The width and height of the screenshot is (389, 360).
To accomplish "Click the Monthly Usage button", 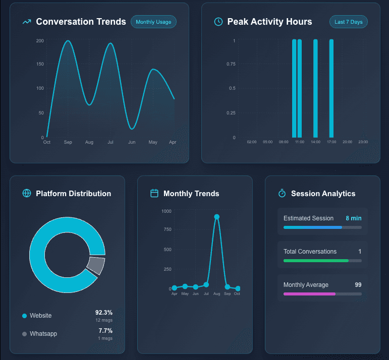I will pyautogui.click(x=153, y=22).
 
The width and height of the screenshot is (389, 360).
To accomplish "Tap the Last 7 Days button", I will pyautogui.click(x=349, y=22).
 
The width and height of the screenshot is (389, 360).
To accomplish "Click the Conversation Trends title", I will pyautogui.click(x=81, y=22).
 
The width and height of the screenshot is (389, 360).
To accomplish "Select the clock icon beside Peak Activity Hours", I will pyautogui.click(x=218, y=22).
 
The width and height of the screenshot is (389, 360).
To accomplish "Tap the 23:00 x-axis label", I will pyautogui.click(x=363, y=142).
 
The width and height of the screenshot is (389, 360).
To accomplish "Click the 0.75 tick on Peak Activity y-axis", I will pyautogui.click(x=231, y=64).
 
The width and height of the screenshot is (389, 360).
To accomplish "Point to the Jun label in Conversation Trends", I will pyautogui.click(x=132, y=143).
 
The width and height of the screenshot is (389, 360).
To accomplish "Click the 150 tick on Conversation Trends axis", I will pyautogui.click(x=40, y=65).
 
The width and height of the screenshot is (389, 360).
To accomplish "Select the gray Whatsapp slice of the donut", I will pyautogui.click(x=95, y=265).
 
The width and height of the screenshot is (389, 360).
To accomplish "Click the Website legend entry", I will pyautogui.click(x=40, y=316).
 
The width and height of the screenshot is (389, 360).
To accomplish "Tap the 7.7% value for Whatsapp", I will pyautogui.click(x=105, y=331).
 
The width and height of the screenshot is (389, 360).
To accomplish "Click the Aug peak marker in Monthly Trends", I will pyautogui.click(x=217, y=217).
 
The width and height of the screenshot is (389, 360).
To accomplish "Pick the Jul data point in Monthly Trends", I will pyautogui.click(x=206, y=285).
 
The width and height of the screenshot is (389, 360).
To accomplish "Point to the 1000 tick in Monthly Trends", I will pyautogui.click(x=166, y=211).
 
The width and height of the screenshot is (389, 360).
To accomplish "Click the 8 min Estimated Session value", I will pyautogui.click(x=353, y=218).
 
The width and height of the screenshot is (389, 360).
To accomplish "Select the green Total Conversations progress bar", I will pyautogui.click(x=316, y=261).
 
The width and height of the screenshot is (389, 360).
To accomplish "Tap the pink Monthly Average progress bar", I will pyautogui.click(x=309, y=293).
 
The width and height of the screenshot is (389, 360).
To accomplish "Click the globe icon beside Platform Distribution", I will pyautogui.click(x=27, y=194).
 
